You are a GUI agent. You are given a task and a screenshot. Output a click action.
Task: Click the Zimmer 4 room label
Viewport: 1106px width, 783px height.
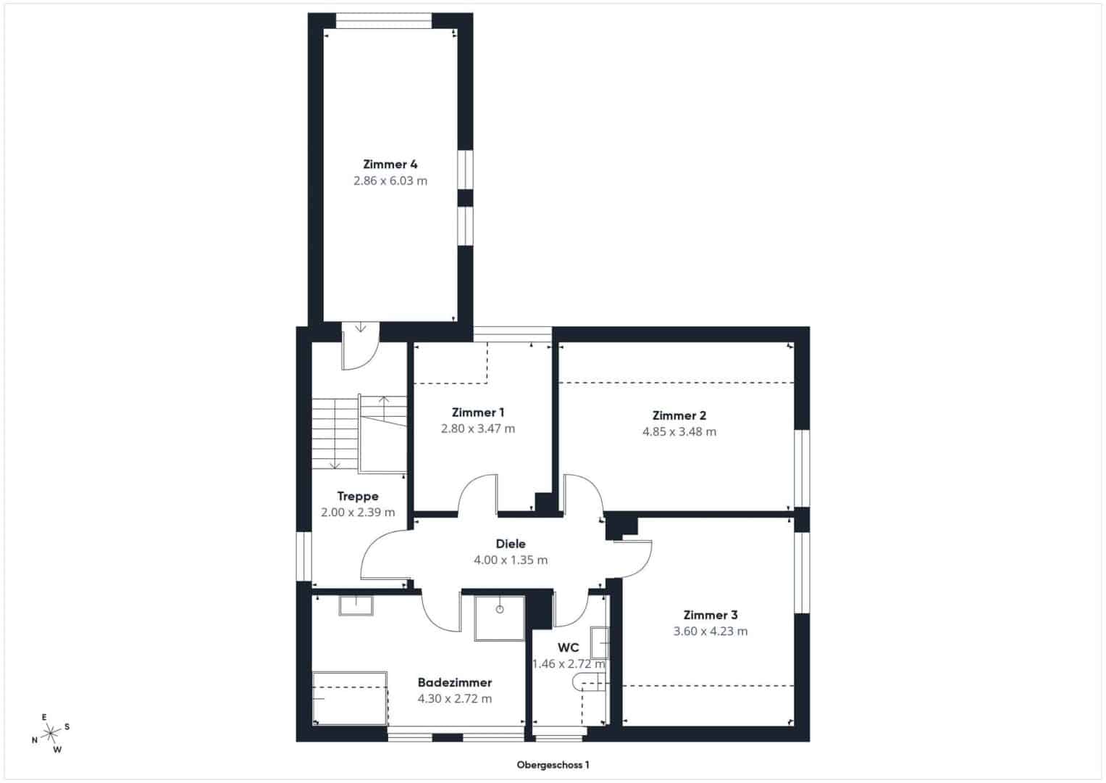tap(390, 164)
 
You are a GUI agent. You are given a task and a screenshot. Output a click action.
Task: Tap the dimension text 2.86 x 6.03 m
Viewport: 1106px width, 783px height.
tap(390, 181)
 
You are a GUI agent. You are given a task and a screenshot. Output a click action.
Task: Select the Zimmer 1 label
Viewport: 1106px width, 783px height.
tap(478, 413)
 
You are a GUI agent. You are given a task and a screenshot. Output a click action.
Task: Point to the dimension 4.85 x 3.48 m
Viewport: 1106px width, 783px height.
tap(679, 432)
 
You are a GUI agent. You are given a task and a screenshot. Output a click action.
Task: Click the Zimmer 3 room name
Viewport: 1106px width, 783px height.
tap(711, 615)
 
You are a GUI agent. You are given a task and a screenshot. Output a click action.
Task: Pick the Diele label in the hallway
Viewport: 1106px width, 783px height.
tap(511, 544)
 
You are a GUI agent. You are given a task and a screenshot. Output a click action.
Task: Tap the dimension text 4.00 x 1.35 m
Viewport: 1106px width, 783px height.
tap(511, 560)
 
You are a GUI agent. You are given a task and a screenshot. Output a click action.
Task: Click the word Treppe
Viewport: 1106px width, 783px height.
tap(358, 497)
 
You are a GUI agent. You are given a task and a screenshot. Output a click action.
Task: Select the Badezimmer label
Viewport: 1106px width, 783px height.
tap(455, 683)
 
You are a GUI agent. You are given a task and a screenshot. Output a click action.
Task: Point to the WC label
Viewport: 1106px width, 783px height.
tap(569, 647)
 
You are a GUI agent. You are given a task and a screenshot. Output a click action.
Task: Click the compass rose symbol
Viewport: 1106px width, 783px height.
tap(51, 733)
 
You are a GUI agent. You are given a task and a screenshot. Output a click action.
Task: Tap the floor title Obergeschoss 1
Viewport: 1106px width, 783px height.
tap(553, 765)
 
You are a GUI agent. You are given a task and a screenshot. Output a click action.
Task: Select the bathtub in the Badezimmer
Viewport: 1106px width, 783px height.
tap(350, 698)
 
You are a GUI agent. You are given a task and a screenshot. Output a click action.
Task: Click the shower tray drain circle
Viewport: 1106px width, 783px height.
tap(500, 610)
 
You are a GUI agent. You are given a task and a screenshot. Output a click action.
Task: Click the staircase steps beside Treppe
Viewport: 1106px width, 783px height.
tap(335, 434)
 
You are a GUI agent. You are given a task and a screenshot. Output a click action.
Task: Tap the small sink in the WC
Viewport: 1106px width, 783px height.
tap(600, 642)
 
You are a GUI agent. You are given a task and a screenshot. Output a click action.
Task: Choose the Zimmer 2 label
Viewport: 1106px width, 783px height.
tap(679, 415)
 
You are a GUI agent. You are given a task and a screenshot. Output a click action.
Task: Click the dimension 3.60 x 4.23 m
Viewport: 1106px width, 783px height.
tap(711, 631)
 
